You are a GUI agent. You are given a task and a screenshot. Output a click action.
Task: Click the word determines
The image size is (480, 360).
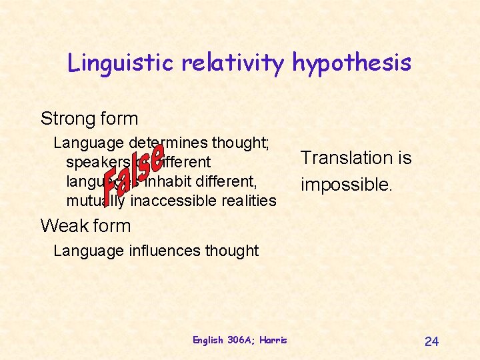(169, 143)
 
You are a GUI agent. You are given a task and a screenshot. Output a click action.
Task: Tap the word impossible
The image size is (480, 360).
(346, 184)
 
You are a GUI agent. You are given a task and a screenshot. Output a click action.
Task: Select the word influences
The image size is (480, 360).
(175, 251)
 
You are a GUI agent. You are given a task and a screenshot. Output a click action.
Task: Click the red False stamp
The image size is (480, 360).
(133, 171)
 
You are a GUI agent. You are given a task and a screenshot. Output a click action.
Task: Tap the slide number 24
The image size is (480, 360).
(431, 341)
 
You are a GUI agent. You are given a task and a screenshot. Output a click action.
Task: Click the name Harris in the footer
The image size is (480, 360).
(273, 340)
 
